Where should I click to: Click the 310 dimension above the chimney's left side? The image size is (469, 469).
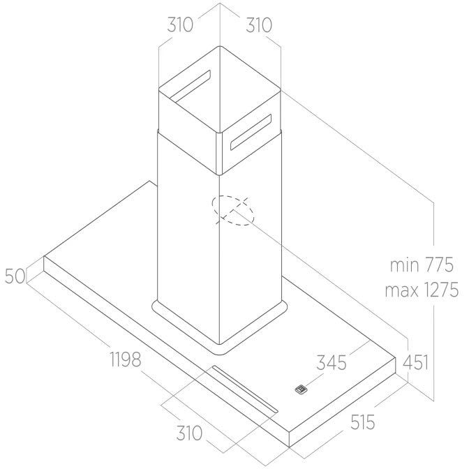(180, 25)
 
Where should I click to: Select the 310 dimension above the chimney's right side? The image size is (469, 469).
(259, 25)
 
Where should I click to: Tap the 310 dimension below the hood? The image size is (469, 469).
(189, 433)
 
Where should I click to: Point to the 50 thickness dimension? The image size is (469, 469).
(15, 276)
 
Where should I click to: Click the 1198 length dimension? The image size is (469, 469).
(126, 359)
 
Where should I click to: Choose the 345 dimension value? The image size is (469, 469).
(332, 362)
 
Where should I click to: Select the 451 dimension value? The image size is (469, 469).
(416, 362)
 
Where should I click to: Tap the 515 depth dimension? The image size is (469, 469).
(362, 422)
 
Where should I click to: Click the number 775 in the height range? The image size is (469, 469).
(438, 265)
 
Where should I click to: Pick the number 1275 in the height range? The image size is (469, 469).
(440, 290)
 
